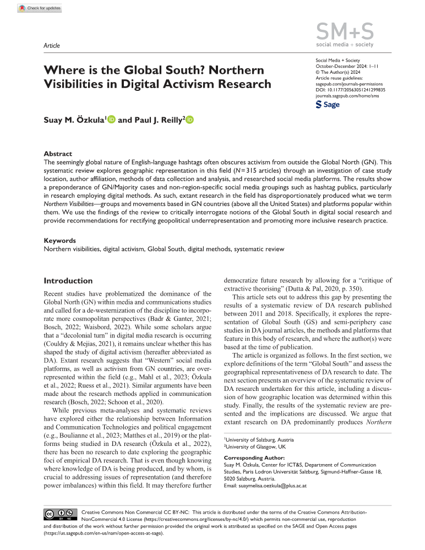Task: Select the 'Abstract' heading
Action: click(57, 154)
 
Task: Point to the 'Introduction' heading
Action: click(68, 280)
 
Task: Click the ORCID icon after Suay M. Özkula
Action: click(111, 119)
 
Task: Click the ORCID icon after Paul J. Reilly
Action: click(190, 119)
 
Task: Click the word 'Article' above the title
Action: click(51, 45)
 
